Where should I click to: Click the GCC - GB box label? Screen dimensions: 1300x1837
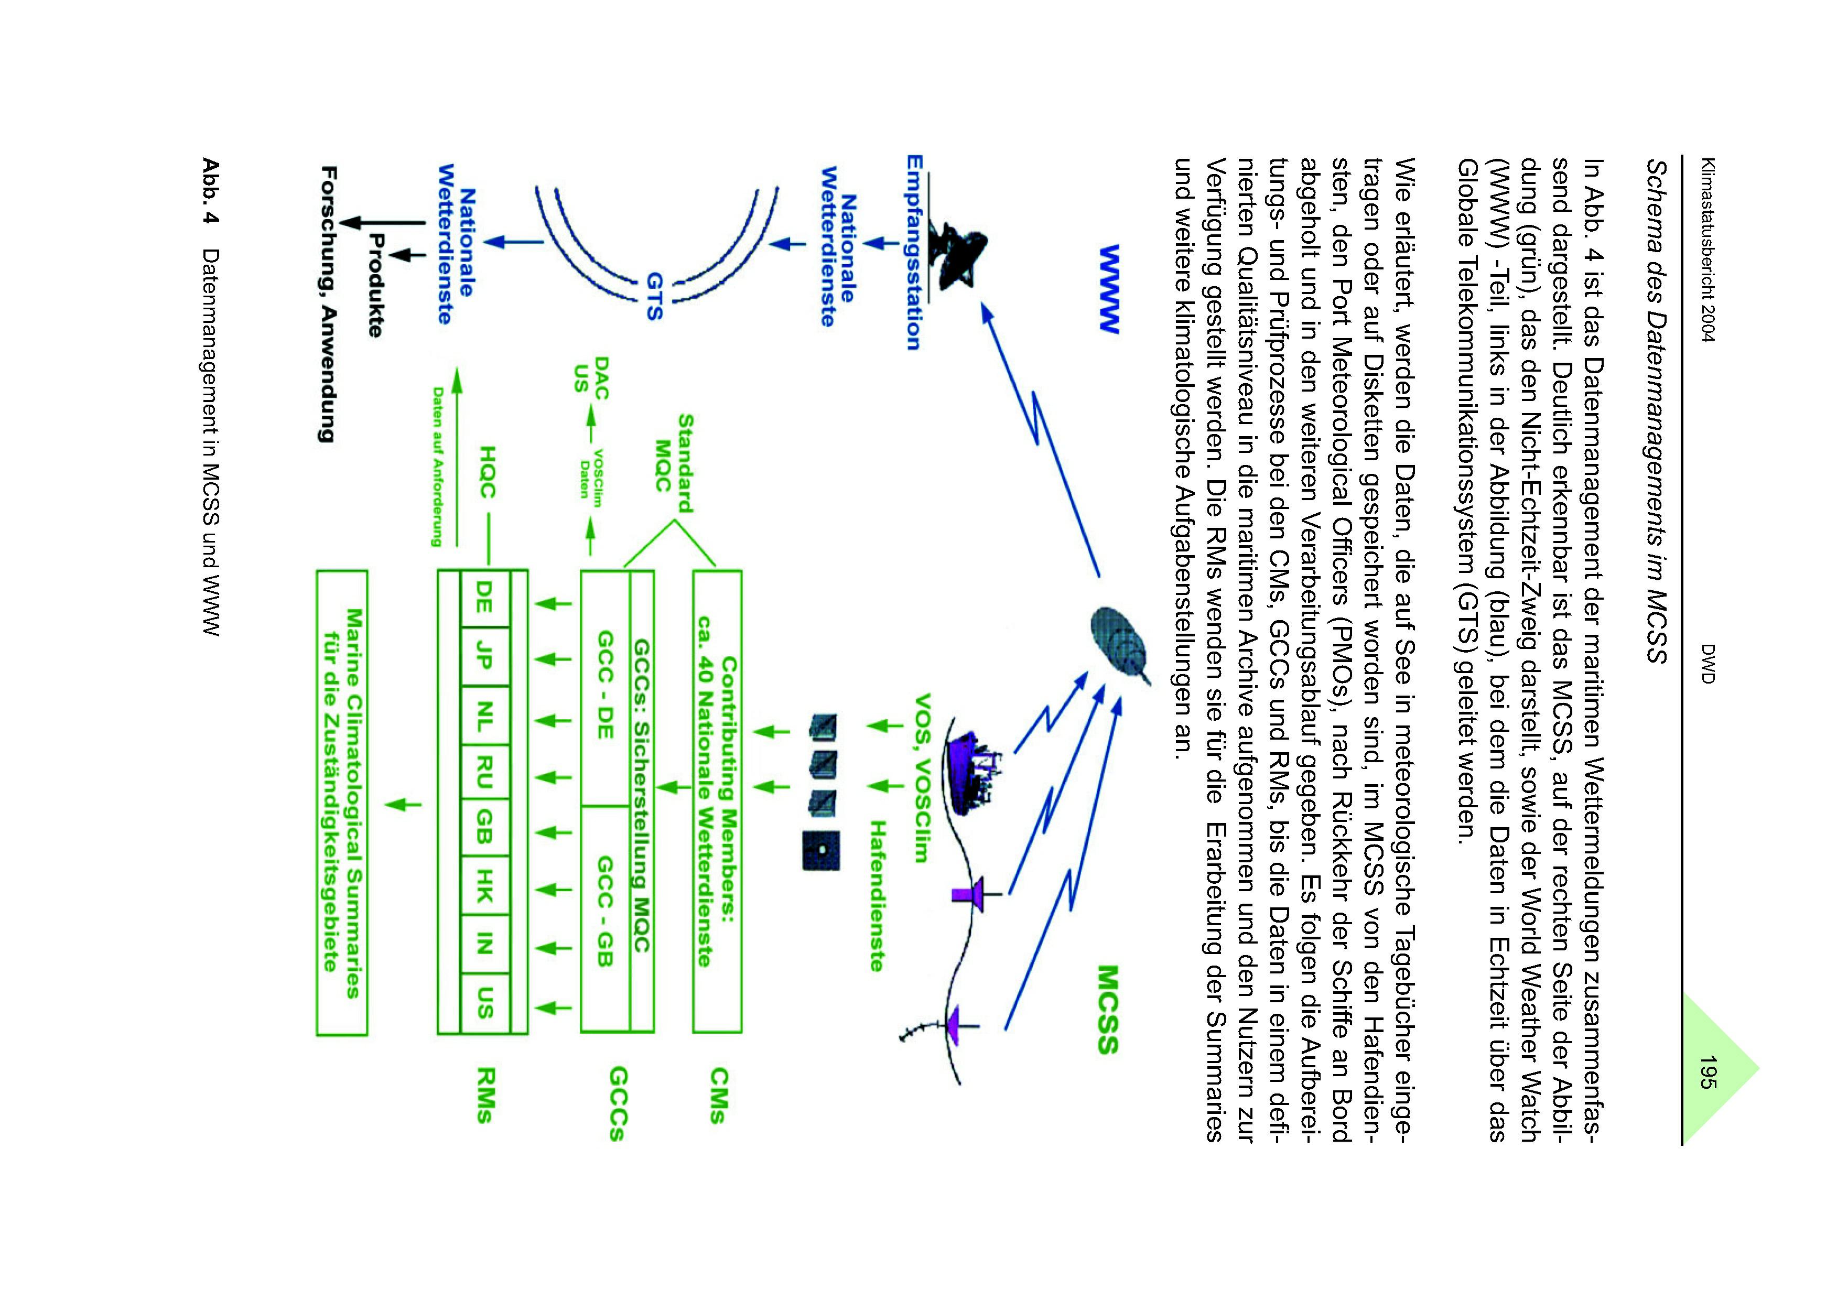tap(606, 911)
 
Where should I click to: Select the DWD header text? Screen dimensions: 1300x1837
tap(1704, 664)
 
